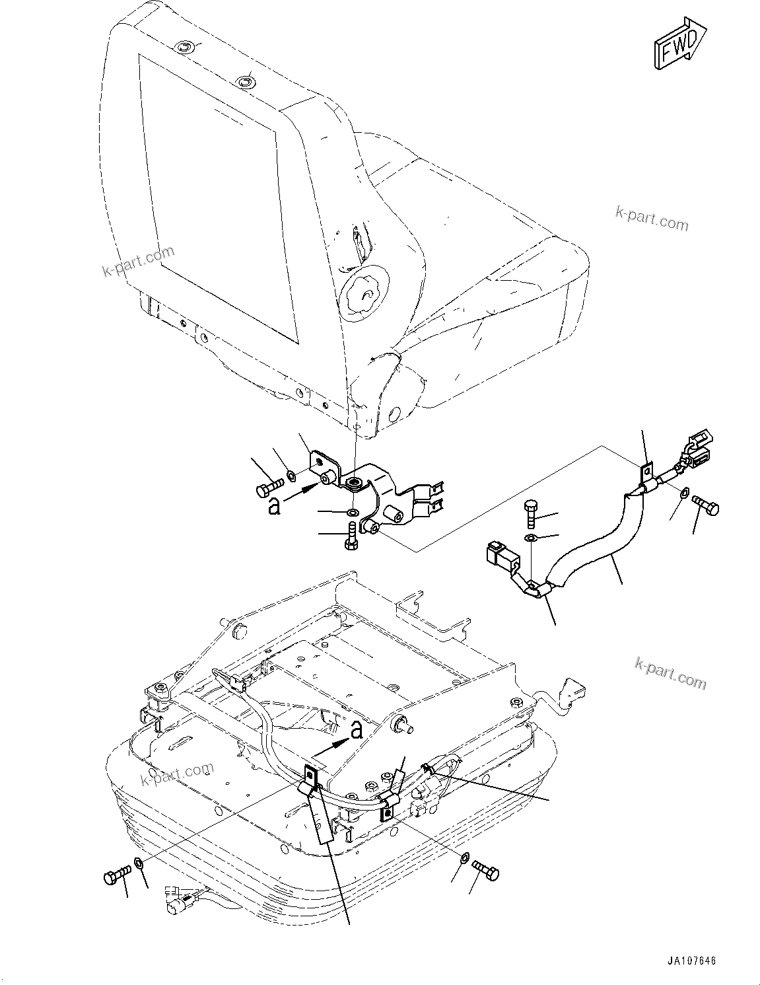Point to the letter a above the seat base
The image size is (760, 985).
pyautogui.click(x=357, y=729)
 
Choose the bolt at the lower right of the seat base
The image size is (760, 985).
pyautogui.click(x=487, y=871)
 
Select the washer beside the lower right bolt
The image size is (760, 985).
pyautogui.click(x=465, y=858)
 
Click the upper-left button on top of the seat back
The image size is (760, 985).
pyautogui.click(x=185, y=47)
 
